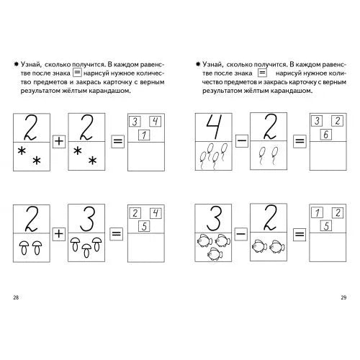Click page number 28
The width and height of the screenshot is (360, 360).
point(16,297)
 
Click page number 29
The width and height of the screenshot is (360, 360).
point(343,297)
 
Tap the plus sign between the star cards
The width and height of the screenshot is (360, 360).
point(59,141)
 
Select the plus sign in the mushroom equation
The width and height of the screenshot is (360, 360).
point(59,233)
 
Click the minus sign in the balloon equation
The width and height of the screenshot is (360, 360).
point(241,141)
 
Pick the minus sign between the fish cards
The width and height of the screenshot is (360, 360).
point(240,233)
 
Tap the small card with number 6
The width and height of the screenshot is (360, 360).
point(325,135)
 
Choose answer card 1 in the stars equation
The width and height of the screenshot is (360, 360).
point(144,135)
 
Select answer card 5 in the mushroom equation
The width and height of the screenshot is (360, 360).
point(144,226)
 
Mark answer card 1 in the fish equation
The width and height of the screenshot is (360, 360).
point(317,212)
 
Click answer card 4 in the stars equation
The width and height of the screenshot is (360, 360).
point(156,121)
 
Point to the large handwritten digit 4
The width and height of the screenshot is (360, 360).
point(215,127)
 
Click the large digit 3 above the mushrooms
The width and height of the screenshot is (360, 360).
point(87,219)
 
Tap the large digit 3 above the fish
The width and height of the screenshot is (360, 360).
point(214,219)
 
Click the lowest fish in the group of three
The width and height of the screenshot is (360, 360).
point(215,253)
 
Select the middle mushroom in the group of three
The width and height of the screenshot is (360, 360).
point(86,251)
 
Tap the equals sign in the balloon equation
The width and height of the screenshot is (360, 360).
point(300,141)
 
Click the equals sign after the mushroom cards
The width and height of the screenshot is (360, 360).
point(117,233)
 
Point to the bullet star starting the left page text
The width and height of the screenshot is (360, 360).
point(16,64)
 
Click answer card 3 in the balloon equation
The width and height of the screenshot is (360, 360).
point(317,121)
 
